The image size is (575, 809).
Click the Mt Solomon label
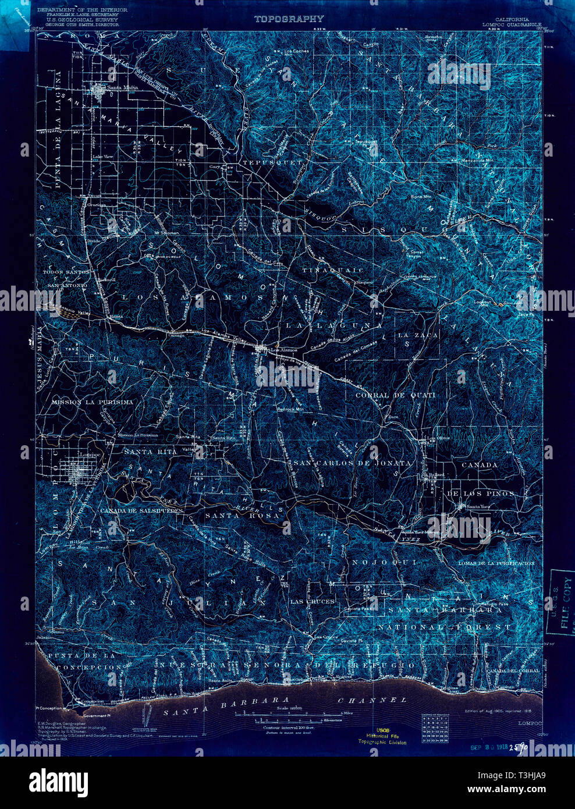pos(166,233)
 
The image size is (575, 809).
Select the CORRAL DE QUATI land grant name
pos(395,395)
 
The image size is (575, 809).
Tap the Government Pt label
pos(97,715)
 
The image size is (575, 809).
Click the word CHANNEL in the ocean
pos(372,700)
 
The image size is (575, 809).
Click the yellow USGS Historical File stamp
pos(382,736)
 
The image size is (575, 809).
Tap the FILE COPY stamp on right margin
pos(563,599)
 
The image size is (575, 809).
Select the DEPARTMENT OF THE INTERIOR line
pos(81,10)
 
